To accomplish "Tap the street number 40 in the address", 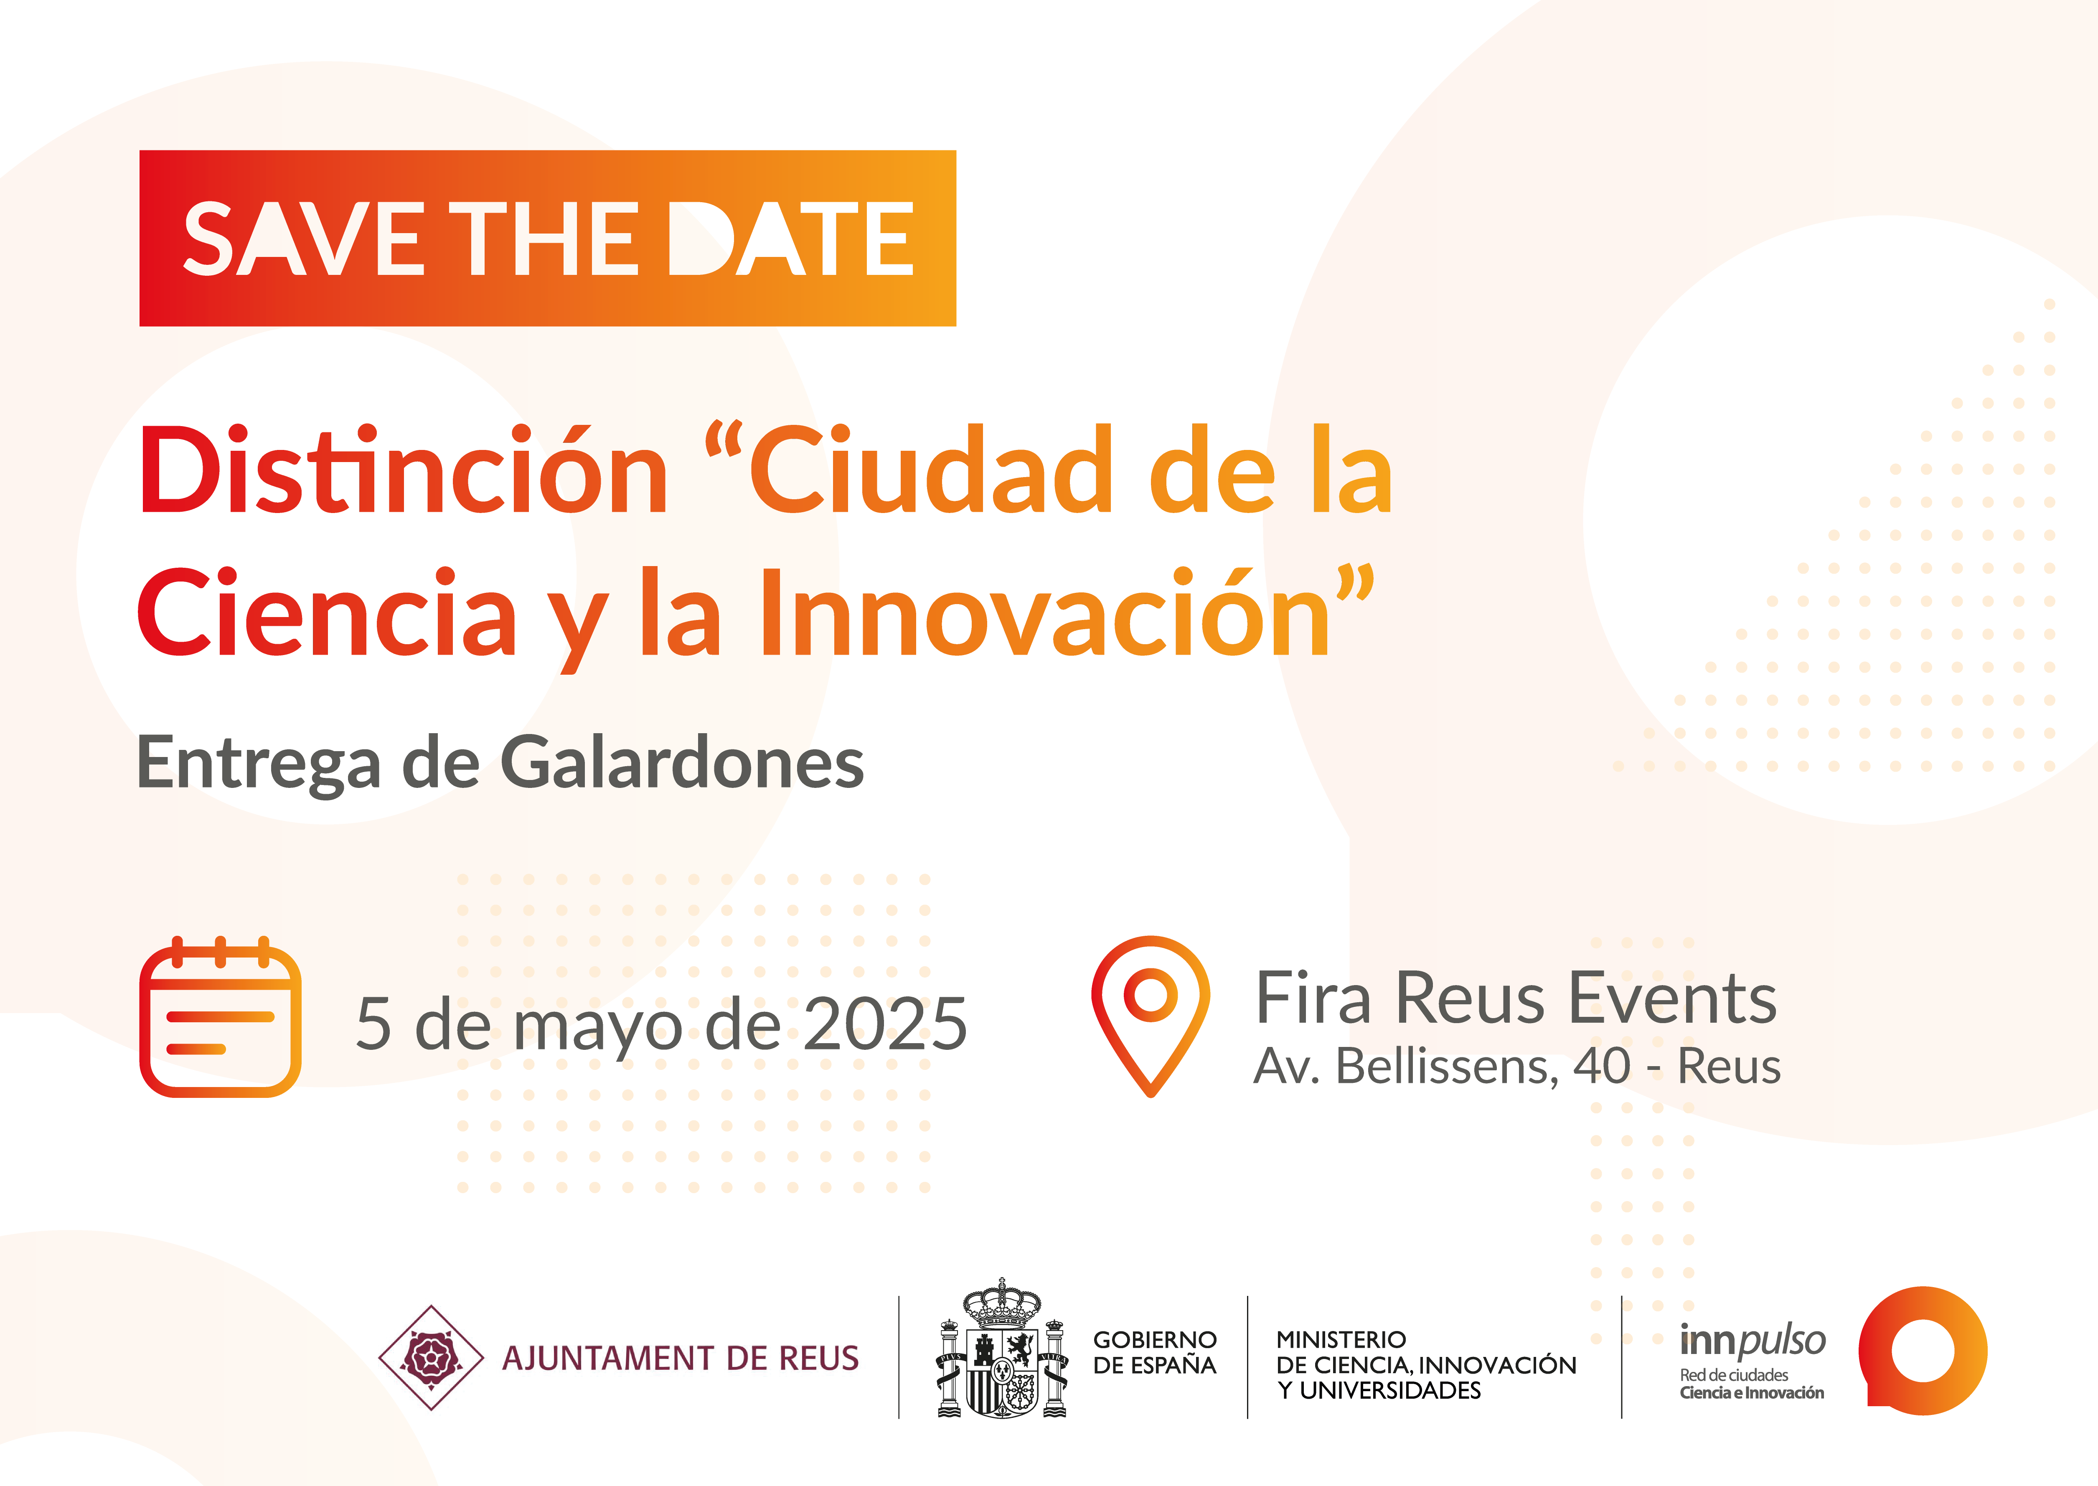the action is pyautogui.click(x=1602, y=1066).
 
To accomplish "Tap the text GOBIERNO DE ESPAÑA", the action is pyautogui.click(x=1155, y=1352).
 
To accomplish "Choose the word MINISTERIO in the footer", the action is pyautogui.click(x=1341, y=1340).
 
